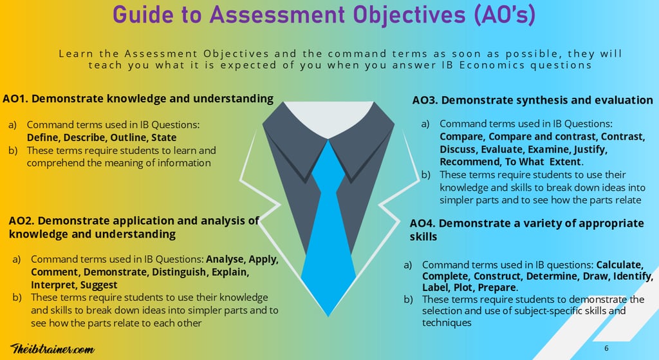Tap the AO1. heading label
[x=16, y=99]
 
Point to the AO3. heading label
[x=425, y=100]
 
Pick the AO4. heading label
[x=423, y=224]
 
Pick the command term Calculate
[x=620, y=265]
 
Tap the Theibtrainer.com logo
[x=53, y=348]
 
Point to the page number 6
[x=606, y=348]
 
